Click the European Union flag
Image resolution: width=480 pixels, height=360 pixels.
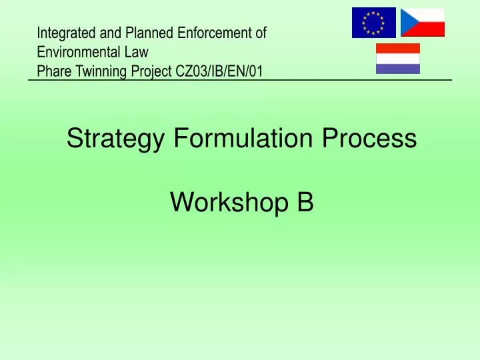[x=373, y=23]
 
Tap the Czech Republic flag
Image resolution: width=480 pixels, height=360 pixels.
[x=422, y=23]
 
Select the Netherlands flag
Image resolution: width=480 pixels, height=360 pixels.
[x=398, y=59]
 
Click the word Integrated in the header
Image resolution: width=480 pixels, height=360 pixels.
[x=63, y=32]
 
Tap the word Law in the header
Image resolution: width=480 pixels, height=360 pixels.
[x=137, y=51]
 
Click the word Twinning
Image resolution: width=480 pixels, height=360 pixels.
[x=100, y=69]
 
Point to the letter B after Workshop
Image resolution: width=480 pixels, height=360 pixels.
[x=305, y=201]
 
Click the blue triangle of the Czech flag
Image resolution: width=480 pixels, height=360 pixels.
[x=407, y=23]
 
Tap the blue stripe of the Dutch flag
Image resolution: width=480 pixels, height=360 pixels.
[x=398, y=69]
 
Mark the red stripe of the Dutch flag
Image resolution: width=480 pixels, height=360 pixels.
[x=398, y=48]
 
